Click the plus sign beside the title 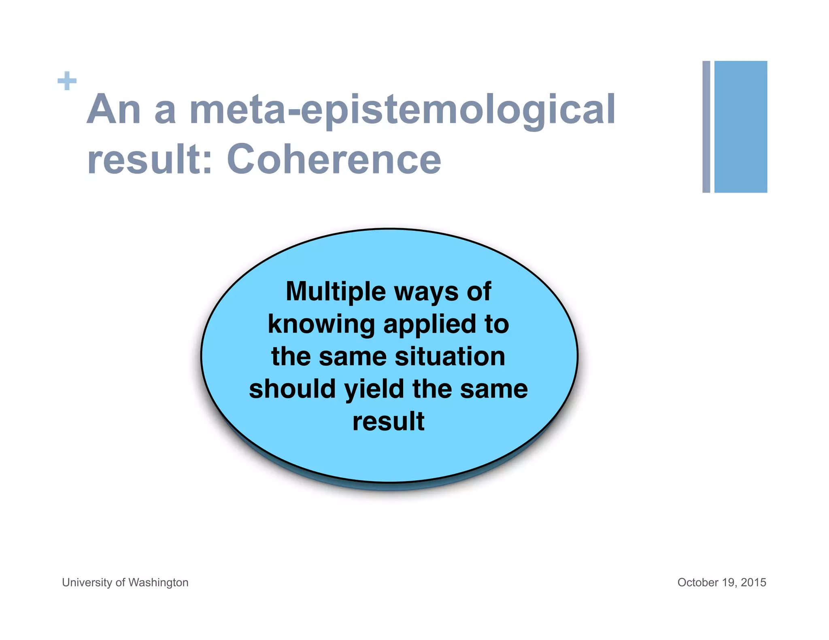pos(67,81)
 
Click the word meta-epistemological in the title pos(402,109)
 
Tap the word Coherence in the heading pos(334,159)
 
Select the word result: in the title pos(150,159)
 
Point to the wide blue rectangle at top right pos(740,127)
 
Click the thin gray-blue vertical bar pos(706,127)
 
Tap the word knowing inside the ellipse pos(321,324)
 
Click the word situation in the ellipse pos(450,356)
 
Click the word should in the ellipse pos(292,389)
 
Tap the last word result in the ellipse pos(388,421)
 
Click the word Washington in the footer pos(158,582)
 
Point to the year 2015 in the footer pos(753,582)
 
